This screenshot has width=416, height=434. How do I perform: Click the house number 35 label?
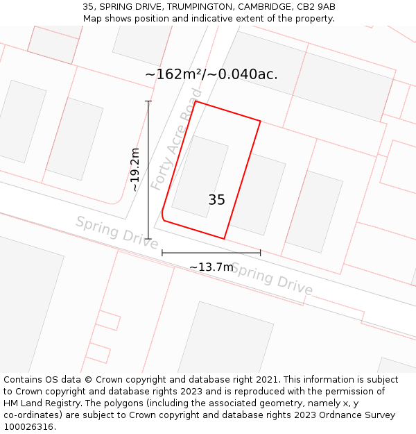point(216,200)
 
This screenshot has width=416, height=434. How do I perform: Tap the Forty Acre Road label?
point(177,140)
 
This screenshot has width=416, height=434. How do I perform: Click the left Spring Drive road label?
point(116,232)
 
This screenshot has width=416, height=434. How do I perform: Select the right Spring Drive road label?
point(271,278)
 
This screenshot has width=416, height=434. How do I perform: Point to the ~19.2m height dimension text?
point(135,169)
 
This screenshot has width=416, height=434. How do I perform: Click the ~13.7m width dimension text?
point(211,267)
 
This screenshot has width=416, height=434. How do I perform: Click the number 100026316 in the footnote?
point(29,427)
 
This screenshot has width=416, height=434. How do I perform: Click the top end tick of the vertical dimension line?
point(148,101)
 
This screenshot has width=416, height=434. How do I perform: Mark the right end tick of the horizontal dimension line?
point(261,253)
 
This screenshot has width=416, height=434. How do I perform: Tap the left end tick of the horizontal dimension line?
point(162,253)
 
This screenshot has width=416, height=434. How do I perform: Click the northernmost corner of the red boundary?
point(196,101)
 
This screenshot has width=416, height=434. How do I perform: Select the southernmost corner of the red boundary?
point(224,239)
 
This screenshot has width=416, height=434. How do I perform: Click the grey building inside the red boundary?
point(200,176)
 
